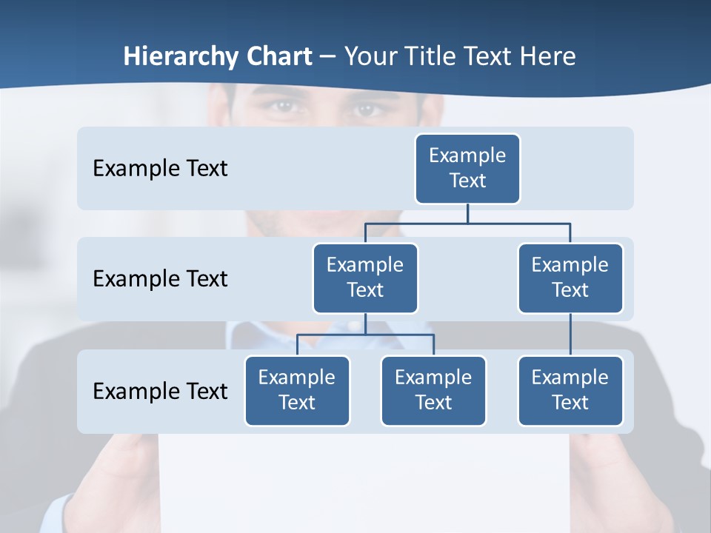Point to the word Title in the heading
coord(435,57)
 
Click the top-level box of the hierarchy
coord(467,169)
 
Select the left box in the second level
coord(365,278)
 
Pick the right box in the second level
coord(570,278)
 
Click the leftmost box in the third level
coord(297,391)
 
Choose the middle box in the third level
coord(433,391)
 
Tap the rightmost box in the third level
coord(570,391)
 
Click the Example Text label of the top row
coord(160,169)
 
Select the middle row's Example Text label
coord(160,279)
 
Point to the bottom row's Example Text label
coord(160,391)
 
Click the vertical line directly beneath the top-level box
coord(467,213)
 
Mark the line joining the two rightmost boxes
coord(570,335)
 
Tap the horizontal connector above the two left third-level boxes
coord(365,335)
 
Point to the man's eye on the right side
coord(366,109)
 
